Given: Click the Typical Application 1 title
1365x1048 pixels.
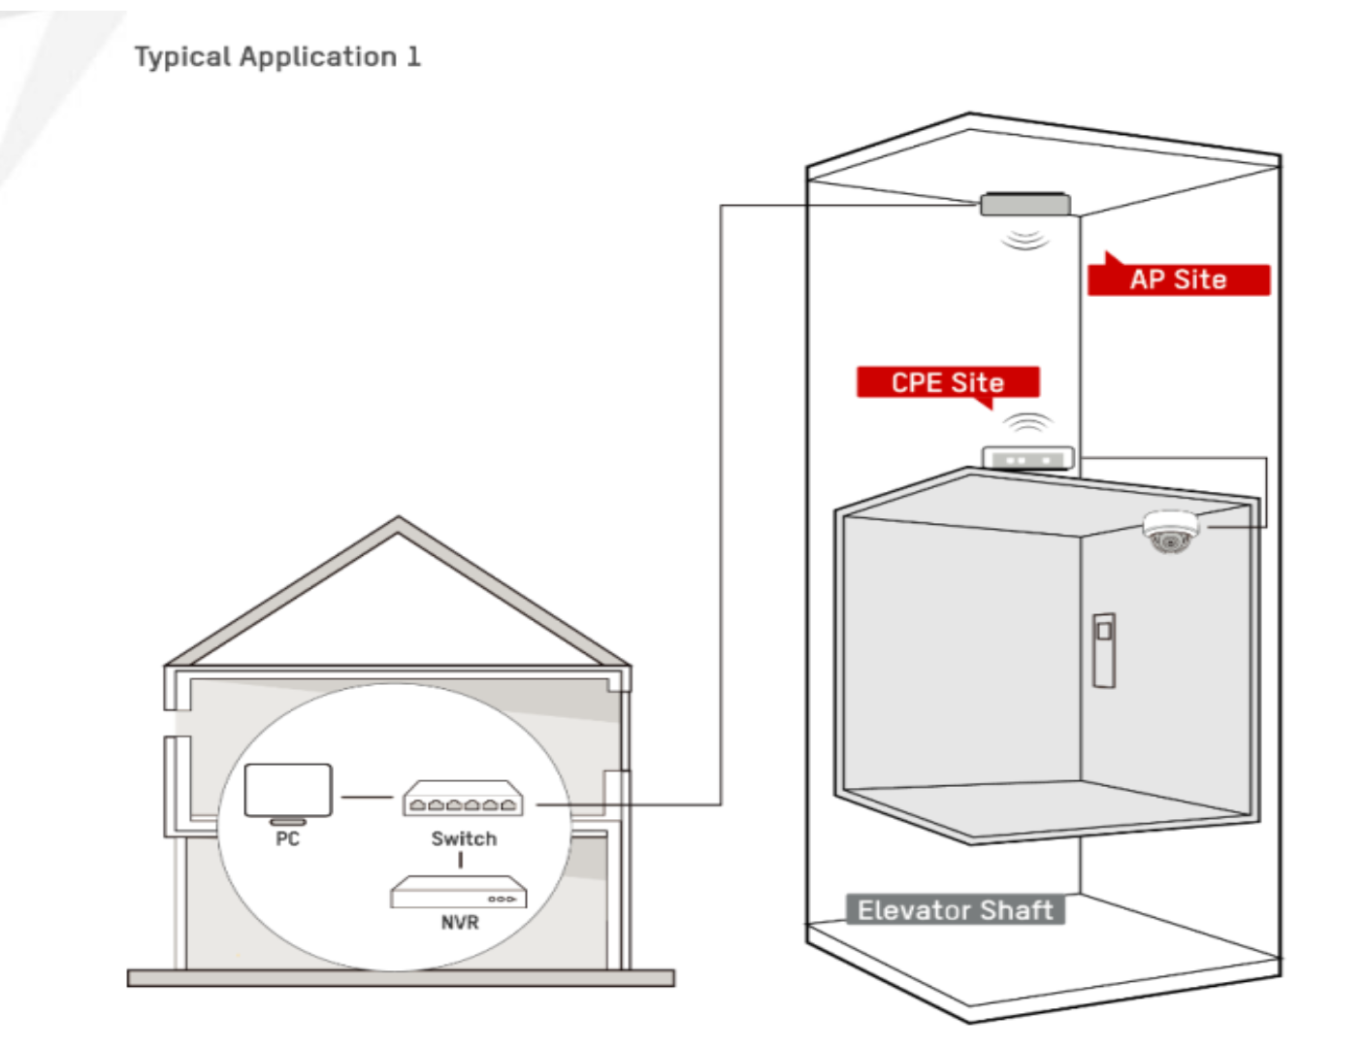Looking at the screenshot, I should click(277, 57).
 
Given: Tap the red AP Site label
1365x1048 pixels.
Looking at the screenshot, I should click(1178, 279).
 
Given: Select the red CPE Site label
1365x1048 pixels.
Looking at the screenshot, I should click(947, 382).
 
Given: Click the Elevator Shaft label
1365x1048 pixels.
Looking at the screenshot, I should click(955, 910).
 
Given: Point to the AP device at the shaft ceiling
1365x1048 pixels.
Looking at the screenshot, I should click(1024, 205).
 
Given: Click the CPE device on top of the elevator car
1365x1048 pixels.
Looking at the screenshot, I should click(1027, 458).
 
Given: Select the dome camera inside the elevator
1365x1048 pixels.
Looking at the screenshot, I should click(1171, 532).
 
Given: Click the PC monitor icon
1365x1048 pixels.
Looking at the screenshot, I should click(288, 792).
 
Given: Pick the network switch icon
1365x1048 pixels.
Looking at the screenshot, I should click(464, 800).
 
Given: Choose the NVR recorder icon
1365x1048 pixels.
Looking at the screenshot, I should click(458, 893).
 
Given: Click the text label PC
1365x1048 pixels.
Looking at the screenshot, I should click(288, 839).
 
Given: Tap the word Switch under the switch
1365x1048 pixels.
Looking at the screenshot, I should click(464, 839).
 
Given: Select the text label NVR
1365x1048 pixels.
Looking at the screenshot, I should click(460, 922).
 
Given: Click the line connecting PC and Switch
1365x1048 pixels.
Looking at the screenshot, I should click(368, 798).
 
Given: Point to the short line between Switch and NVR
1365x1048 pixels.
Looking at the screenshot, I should click(461, 861).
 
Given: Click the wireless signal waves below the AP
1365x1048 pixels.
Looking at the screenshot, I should click(1024, 238).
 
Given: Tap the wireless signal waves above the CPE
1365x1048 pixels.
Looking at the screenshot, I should click(1027, 423).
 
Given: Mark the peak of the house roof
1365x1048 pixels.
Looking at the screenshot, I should click(398, 522).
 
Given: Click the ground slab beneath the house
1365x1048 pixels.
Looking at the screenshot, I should click(401, 978).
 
